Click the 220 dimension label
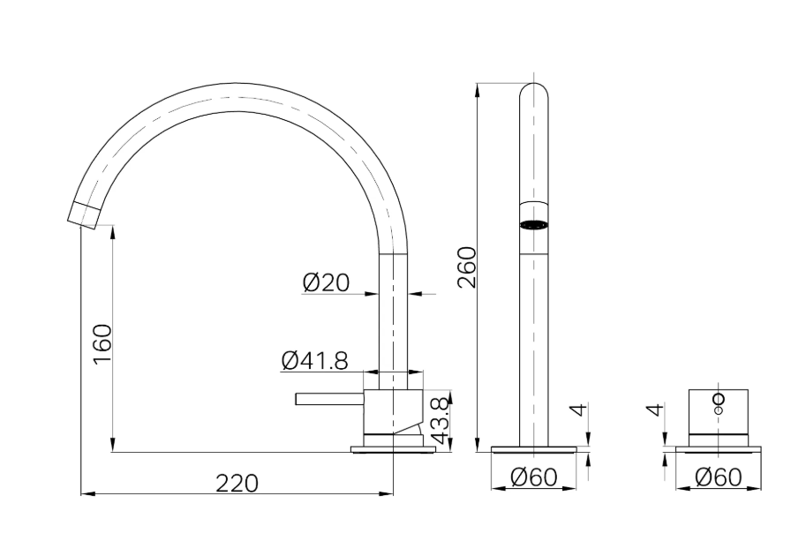click(x=237, y=484)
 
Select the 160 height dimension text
click(x=102, y=344)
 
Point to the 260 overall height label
click(x=467, y=267)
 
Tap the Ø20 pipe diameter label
click(x=326, y=282)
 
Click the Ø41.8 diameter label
click(x=315, y=360)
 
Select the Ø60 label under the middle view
click(x=534, y=477)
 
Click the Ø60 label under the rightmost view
click(x=719, y=477)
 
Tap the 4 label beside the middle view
click(x=580, y=410)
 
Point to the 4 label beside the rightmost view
click(x=654, y=410)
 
